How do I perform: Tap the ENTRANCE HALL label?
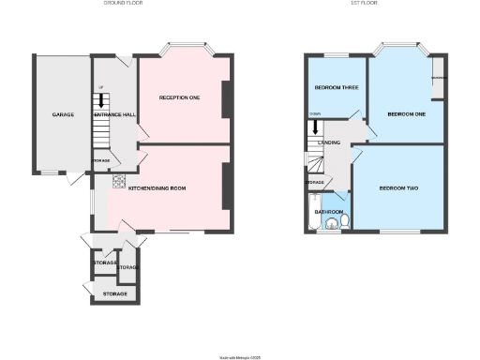point(113,114)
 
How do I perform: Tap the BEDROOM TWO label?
point(398,188)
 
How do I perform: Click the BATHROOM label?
point(327,212)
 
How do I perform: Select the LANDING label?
point(329,142)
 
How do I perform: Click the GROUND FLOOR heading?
point(122,4)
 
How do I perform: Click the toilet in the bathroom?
point(344,220)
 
